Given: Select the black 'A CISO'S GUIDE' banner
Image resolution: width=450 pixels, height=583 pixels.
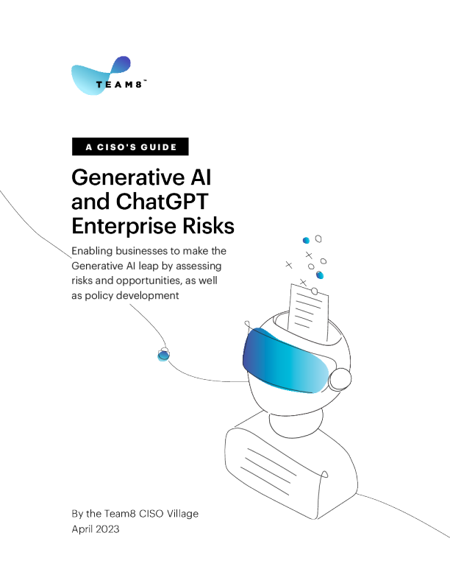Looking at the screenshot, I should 130,147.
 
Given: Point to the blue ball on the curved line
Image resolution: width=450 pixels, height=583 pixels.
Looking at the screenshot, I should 163,355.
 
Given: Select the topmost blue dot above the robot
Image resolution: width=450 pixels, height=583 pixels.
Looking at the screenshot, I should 306,240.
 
